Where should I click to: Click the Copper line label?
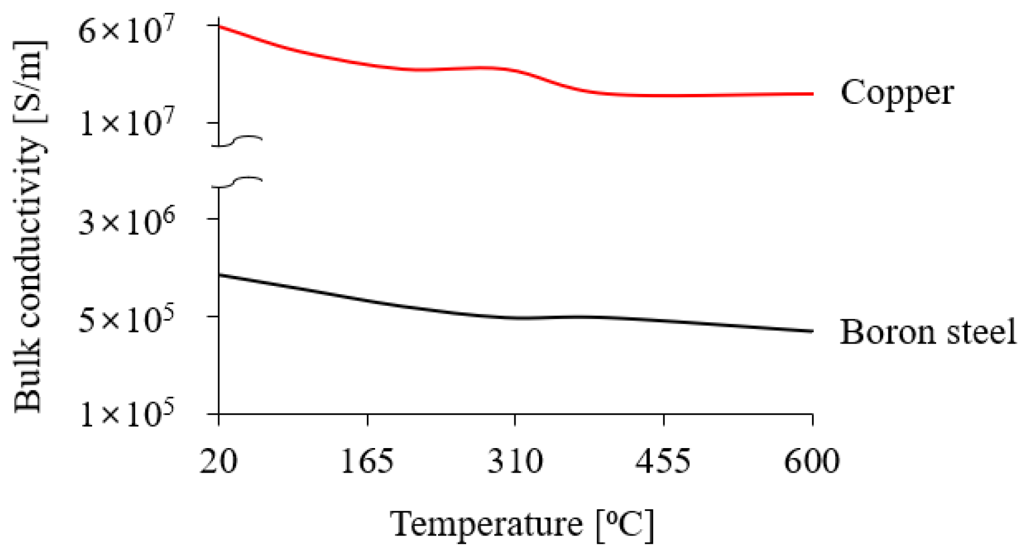(897, 93)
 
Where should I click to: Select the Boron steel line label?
(927, 332)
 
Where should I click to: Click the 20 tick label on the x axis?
(219, 461)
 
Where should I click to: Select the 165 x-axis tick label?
(367, 461)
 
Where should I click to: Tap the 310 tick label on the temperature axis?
(515, 461)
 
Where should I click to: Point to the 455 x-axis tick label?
(663, 461)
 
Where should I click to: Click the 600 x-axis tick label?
(811, 461)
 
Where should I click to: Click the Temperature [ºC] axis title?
(522, 524)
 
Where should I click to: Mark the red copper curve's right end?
(812, 94)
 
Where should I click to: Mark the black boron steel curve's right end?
(812, 331)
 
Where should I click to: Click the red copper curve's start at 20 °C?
(219, 27)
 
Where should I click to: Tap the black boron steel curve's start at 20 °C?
(219, 274)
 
